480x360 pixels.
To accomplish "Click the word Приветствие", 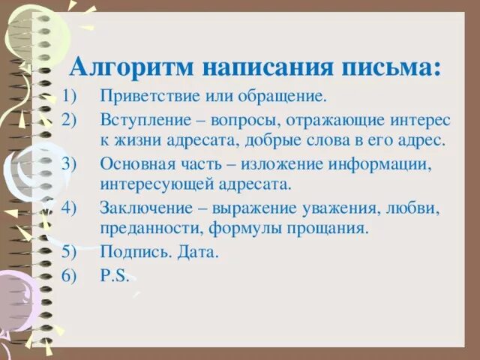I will [143, 97].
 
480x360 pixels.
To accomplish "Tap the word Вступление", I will [139, 119].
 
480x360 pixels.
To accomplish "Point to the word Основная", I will [130, 163].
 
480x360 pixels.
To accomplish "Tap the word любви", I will [415, 208].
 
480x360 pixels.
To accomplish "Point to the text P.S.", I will [113, 275].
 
